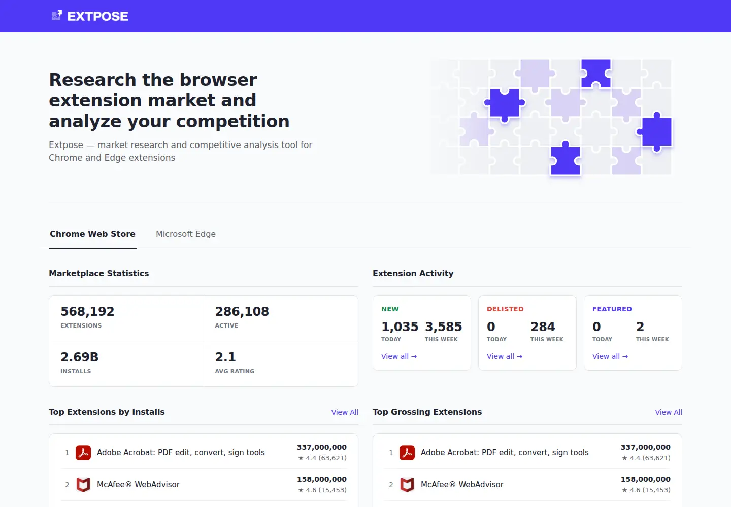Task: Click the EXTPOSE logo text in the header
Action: tap(97, 16)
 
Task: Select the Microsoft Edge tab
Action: tap(186, 234)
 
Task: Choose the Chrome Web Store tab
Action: tap(92, 234)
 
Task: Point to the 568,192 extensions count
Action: tap(87, 311)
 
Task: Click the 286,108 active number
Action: tap(242, 311)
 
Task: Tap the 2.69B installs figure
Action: tap(79, 357)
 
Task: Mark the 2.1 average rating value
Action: tap(225, 357)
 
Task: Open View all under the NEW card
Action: tap(399, 356)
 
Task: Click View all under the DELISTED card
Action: tap(505, 356)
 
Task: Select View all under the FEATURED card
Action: tap(610, 356)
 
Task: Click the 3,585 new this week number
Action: tap(444, 327)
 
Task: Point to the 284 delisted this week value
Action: tap(543, 327)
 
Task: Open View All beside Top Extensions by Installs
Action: tap(345, 412)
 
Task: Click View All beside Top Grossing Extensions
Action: tap(669, 412)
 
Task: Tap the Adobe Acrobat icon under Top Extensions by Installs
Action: tap(83, 453)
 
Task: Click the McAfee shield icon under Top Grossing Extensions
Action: tap(407, 485)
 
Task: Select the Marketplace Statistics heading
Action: tap(99, 273)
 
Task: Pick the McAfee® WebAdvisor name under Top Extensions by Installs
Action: tap(139, 485)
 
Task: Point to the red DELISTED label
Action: tap(505, 309)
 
